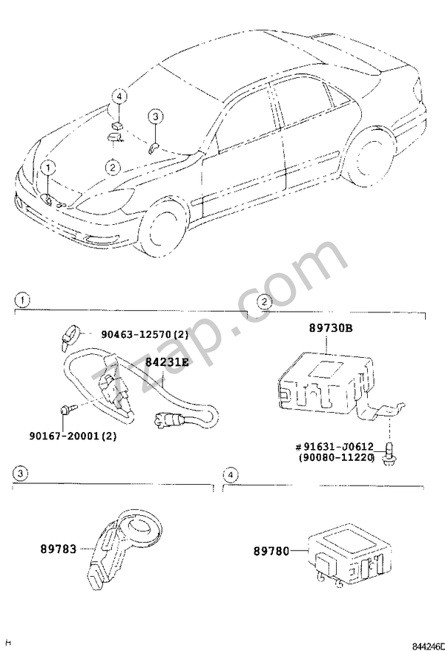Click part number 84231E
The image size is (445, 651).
click(x=167, y=362)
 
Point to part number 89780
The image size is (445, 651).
click(x=271, y=551)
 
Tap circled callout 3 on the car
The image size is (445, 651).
click(x=155, y=117)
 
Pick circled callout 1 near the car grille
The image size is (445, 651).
click(x=46, y=167)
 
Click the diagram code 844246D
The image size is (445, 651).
click(x=426, y=644)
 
